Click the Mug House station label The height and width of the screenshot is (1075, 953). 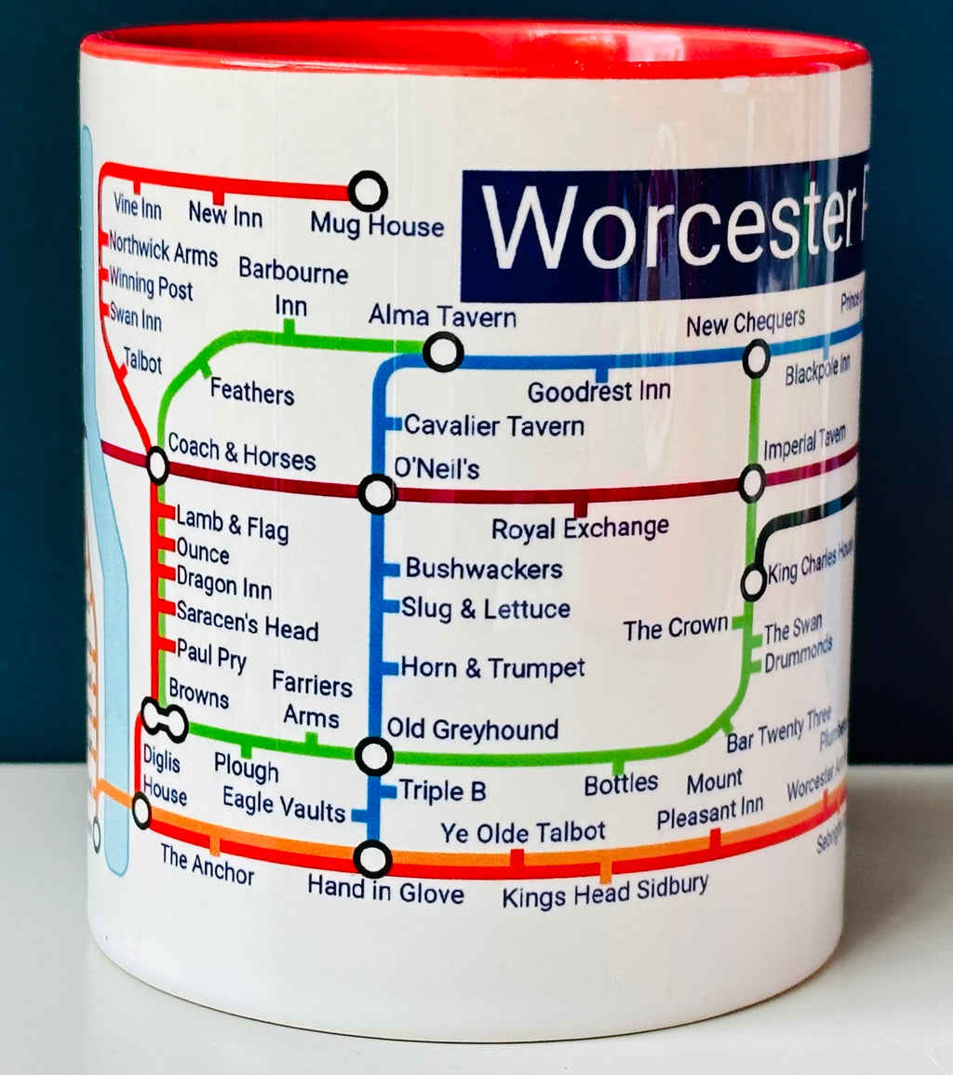[x=377, y=225]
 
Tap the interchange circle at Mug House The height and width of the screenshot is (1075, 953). [x=368, y=191]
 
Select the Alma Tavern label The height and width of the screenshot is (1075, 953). [x=442, y=316]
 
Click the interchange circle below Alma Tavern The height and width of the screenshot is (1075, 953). [x=442, y=352]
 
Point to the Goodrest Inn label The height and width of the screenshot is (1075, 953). [x=599, y=392]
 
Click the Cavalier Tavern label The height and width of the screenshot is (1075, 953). [x=494, y=426]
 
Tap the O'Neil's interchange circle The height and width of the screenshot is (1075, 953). [x=378, y=493]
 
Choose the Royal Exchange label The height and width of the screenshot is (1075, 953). [x=580, y=529]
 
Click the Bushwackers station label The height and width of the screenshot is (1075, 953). [x=484, y=569]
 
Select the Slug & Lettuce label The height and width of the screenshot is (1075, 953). [x=486, y=610]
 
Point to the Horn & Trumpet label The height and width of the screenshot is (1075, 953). [x=493, y=667]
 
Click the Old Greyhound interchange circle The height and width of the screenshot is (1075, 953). [x=374, y=756]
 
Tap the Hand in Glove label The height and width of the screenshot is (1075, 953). [x=386, y=894]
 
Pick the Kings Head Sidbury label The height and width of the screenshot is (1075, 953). [x=605, y=894]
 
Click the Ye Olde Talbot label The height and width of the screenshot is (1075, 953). [x=523, y=831]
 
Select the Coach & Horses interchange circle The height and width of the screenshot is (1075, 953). [x=157, y=464]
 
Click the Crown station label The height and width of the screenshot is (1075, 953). [x=676, y=629]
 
